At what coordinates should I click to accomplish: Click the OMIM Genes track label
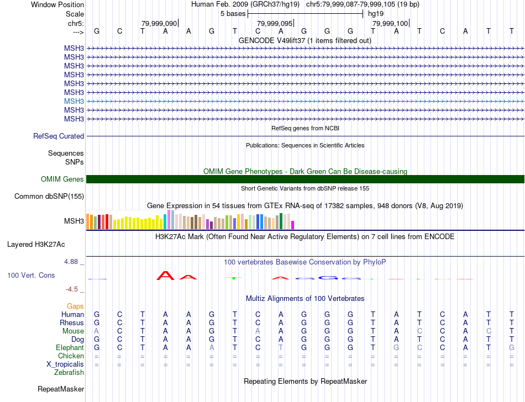point(62,179)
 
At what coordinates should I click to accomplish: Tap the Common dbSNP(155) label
point(49,196)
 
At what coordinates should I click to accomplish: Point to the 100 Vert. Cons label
point(31,275)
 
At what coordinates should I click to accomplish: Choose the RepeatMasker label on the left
point(61,389)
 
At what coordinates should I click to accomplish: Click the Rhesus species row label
point(72,323)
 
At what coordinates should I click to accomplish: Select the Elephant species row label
point(70,348)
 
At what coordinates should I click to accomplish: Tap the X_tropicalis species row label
point(65,364)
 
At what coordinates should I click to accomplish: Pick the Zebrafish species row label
point(69,373)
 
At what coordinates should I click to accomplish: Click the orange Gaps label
point(75,306)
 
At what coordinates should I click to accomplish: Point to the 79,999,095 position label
point(274,23)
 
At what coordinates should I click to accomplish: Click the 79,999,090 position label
point(159,23)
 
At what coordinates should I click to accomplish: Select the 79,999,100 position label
point(390,23)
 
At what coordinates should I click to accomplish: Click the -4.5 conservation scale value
point(74,289)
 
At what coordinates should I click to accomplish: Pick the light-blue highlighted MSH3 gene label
point(74,101)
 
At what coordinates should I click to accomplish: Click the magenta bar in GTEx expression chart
point(293,225)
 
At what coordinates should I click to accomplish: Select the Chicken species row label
point(71,356)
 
